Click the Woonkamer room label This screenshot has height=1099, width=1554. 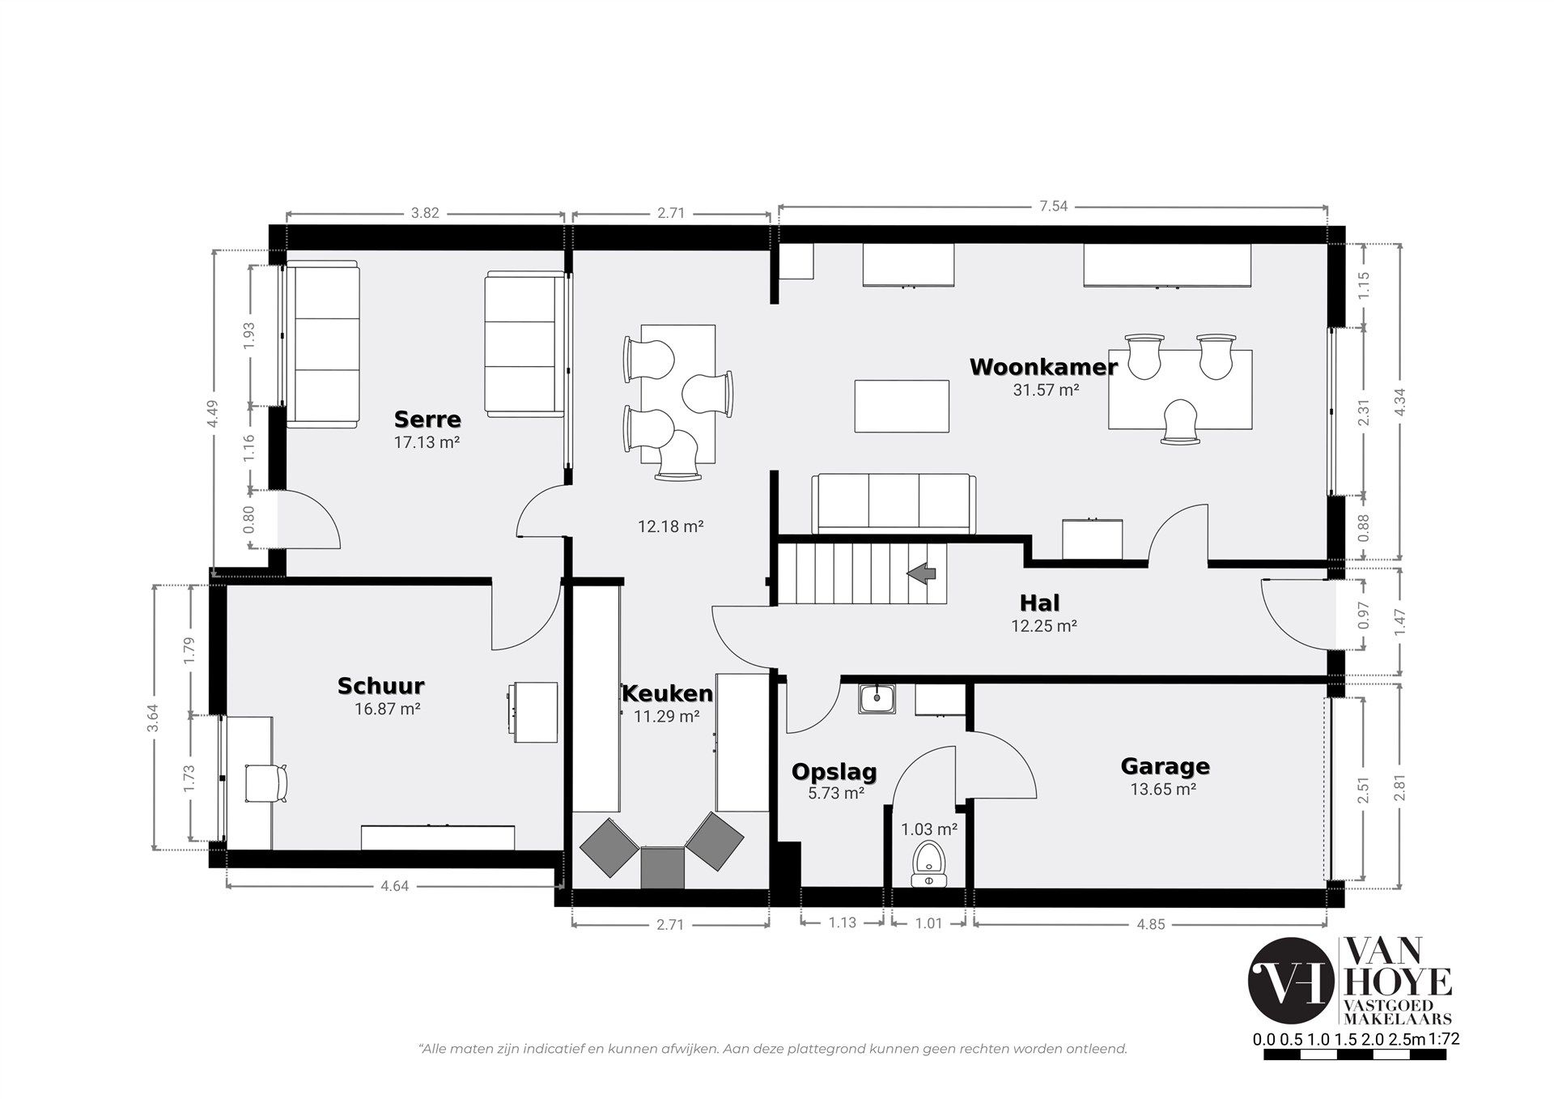1043,367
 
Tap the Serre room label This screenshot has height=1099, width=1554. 427,420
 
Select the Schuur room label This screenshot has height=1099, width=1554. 380,686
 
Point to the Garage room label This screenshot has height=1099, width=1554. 1165,766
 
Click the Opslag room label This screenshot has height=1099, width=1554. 834,773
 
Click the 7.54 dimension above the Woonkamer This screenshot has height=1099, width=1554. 1053,207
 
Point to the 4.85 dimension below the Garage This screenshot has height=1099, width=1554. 1150,923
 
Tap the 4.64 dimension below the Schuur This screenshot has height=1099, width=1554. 394,886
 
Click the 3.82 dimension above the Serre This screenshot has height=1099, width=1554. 425,214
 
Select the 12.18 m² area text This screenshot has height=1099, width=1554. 670,526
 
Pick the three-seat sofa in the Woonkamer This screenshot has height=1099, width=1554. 893,505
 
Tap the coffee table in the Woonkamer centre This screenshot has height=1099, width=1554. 902,407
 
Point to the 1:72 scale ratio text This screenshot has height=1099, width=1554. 1444,1062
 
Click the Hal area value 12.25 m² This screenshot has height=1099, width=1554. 1043,626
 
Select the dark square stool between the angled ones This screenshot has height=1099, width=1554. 663,867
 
